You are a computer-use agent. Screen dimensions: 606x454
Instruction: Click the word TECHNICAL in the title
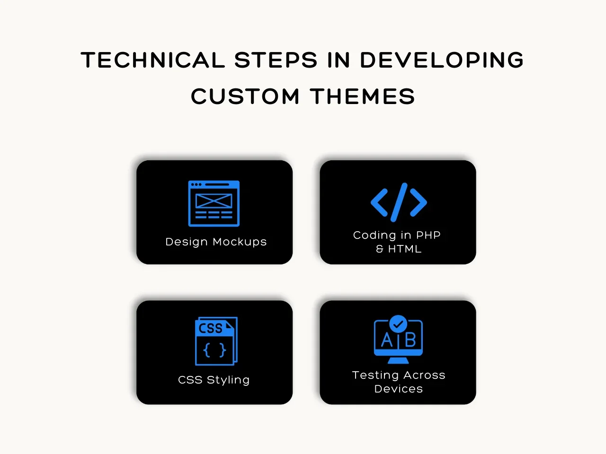[152, 60]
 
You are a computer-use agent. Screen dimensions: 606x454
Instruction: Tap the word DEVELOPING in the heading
[442, 60]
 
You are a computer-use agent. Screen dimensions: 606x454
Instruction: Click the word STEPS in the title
[276, 60]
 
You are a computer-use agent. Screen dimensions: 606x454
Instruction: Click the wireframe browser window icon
[214, 203]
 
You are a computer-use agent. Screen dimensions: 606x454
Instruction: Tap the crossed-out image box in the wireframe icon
[214, 201]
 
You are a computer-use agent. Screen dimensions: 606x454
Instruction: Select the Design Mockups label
[216, 242]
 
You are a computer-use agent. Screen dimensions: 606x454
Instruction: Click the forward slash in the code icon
[399, 202]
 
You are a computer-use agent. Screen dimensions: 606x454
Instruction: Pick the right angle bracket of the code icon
[419, 202]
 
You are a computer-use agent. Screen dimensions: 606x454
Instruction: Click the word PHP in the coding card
[428, 235]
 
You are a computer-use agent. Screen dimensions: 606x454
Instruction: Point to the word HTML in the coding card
[405, 249]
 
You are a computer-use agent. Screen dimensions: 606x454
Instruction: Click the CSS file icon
[216, 341]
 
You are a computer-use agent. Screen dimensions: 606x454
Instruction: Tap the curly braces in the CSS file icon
[214, 350]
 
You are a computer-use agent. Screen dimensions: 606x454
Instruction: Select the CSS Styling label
[214, 380]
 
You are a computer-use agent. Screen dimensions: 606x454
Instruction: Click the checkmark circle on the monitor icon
[398, 324]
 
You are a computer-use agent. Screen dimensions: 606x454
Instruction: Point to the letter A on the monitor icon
[387, 340]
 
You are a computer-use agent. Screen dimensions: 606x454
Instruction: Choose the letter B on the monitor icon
[410, 340]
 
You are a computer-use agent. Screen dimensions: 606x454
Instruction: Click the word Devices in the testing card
[398, 389]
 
